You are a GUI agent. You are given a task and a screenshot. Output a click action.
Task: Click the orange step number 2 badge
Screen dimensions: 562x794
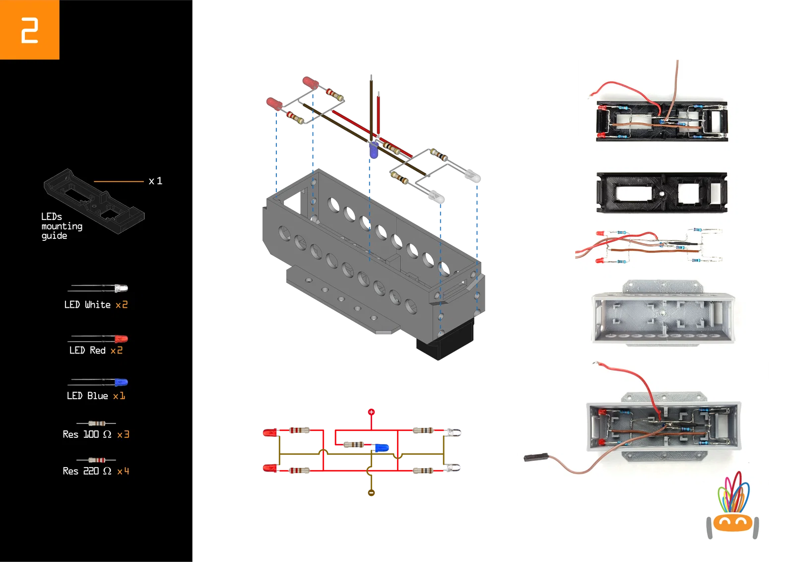[29, 30]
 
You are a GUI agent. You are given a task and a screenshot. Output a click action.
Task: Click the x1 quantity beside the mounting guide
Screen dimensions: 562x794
[155, 181]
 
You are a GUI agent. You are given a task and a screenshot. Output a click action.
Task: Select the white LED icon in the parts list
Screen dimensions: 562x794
[121, 288]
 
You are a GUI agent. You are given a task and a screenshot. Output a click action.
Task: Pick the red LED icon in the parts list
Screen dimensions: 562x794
[121, 339]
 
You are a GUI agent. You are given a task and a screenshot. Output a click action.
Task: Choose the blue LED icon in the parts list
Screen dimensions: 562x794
[121, 382]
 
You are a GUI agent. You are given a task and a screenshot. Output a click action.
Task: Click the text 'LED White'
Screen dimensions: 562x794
[87, 305]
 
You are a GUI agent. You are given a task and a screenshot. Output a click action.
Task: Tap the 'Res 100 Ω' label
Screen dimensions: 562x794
[87, 434]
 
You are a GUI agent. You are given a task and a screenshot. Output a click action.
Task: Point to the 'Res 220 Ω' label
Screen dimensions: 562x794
[87, 471]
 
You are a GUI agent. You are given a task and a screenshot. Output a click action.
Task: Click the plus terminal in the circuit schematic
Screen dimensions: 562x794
[371, 412]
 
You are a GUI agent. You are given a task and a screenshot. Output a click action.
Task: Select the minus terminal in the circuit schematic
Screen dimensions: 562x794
[371, 492]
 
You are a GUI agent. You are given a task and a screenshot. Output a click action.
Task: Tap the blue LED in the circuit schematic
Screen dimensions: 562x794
[381, 448]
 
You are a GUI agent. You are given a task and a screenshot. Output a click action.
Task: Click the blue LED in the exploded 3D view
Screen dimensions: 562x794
[373, 150]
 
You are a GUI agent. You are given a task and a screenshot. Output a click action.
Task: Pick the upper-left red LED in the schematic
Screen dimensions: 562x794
[269, 433]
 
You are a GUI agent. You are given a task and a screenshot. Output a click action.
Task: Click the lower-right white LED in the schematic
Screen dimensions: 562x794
[454, 468]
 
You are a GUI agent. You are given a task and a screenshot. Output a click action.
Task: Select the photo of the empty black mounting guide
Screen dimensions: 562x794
[662, 193]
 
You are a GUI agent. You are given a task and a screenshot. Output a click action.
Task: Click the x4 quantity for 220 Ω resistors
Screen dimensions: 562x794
[123, 471]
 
